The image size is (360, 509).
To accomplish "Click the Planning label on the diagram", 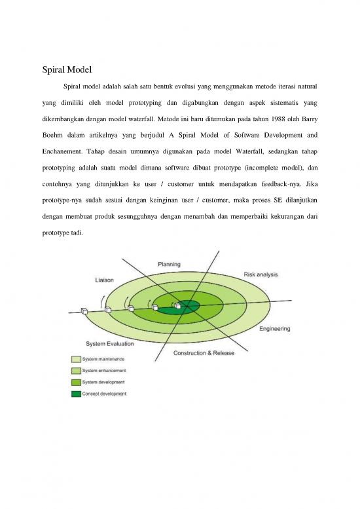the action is pos(170,263).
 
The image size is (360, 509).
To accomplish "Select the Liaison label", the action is pos(105,279).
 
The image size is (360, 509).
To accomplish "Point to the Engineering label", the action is pos(275,328).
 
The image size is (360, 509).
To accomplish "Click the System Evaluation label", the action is pos(109,343).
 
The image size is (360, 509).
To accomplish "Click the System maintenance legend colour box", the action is pos(76,359).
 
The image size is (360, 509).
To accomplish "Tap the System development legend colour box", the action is pos(76,382).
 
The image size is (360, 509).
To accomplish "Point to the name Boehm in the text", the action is pos(44,136).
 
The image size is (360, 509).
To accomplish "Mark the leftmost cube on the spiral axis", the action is pos(84,311).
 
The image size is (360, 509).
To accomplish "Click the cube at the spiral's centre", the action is pos(177,305).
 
